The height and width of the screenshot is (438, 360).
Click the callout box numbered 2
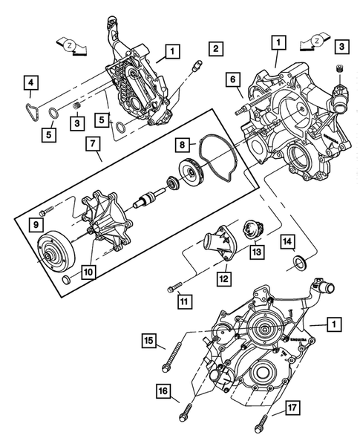[x=215, y=50]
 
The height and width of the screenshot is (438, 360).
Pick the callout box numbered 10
[x=87, y=272]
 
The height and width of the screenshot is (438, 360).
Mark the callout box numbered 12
[x=223, y=279]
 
